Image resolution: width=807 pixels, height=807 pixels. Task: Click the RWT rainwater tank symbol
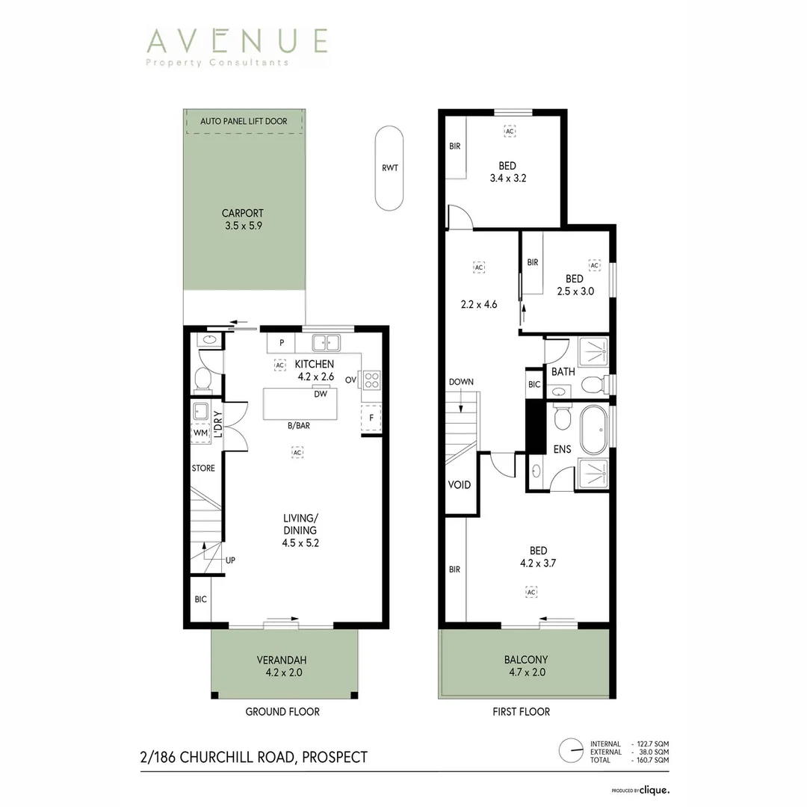pos(389,168)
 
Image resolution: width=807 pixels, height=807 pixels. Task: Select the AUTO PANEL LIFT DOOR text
pos(244,121)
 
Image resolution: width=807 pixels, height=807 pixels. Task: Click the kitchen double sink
pos(327,343)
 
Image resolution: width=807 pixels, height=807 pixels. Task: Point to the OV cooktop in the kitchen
pos(371,380)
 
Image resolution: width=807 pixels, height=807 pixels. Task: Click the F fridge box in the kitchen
pos(371,418)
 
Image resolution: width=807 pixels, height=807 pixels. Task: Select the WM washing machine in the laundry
pos(200,433)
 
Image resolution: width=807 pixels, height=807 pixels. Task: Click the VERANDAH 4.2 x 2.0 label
pos(282,665)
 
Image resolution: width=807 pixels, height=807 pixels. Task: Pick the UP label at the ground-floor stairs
pos(230,560)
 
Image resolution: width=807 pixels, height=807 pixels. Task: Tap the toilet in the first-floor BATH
pos(593,385)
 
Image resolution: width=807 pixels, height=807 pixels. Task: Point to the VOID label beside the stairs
pos(459,485)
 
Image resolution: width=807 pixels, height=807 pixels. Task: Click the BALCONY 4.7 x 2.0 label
pos(525,665)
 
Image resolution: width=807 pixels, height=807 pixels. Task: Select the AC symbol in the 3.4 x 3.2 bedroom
pos(510,132)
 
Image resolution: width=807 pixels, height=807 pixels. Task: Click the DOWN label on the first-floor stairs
pos(461,382)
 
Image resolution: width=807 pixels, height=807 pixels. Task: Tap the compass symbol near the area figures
pos(572,749)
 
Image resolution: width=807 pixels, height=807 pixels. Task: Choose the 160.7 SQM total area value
pos(652,760)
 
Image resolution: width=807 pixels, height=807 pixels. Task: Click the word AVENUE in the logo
pos(237,40)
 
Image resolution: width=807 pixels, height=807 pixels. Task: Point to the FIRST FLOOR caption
pos(521,711)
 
